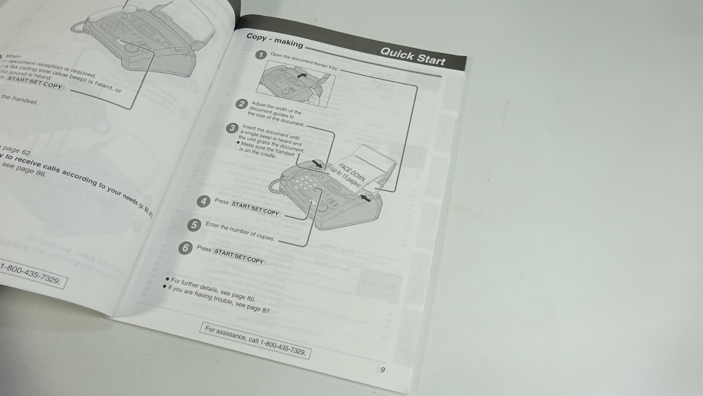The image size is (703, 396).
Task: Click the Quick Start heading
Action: (x=412, y=56)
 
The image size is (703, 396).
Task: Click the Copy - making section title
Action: (x=275, y=40)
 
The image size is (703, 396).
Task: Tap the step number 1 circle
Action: (x=261, y=55)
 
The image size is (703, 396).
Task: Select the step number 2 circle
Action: (x=241, y=104)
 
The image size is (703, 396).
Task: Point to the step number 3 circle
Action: (x=232, y=128)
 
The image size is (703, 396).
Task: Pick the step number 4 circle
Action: (x=203, y=202)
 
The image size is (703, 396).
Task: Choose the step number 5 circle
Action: (x=194, y=225)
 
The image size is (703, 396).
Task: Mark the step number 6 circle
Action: (x=185, y=248)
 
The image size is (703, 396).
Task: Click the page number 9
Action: (x=382, y=370)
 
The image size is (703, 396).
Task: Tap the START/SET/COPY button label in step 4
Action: (x=255, y=209)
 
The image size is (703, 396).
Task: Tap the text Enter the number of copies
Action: (x=239, y=231)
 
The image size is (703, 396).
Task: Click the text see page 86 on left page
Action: (x=24, y=169)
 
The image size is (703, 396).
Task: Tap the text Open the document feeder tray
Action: (x=304, y=62)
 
